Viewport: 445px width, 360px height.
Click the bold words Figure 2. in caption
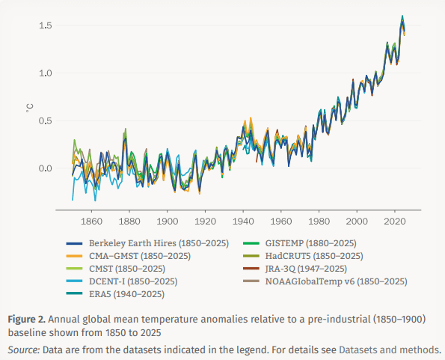pyautogui.click(x=30, y=319)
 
